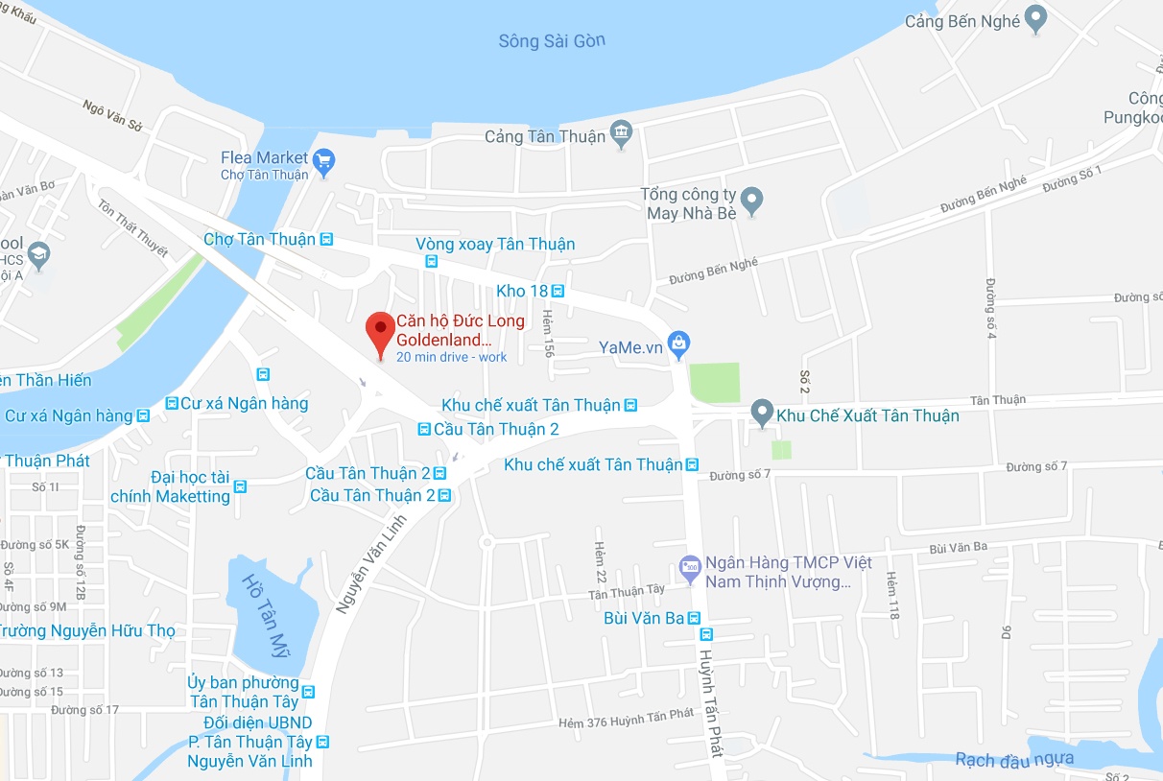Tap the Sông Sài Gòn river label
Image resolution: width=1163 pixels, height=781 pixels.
pos(552,41)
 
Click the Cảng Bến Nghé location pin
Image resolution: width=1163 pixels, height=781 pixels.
pos(1035,18)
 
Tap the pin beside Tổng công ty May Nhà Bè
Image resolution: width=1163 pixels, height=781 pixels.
pos(753,201)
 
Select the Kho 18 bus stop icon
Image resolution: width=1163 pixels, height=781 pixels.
pos(558,291)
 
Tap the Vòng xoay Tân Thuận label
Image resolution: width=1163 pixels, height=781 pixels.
pos(495,244)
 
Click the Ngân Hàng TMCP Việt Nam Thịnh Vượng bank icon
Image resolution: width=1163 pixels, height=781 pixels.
pos(690,567)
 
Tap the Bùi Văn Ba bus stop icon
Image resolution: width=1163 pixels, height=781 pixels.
pos(695,618)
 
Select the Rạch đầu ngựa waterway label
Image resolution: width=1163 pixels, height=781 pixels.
pos(1014,760)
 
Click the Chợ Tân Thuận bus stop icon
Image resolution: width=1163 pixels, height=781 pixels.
pos(326,239)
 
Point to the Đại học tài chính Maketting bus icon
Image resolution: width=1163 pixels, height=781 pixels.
pos(240,486)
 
